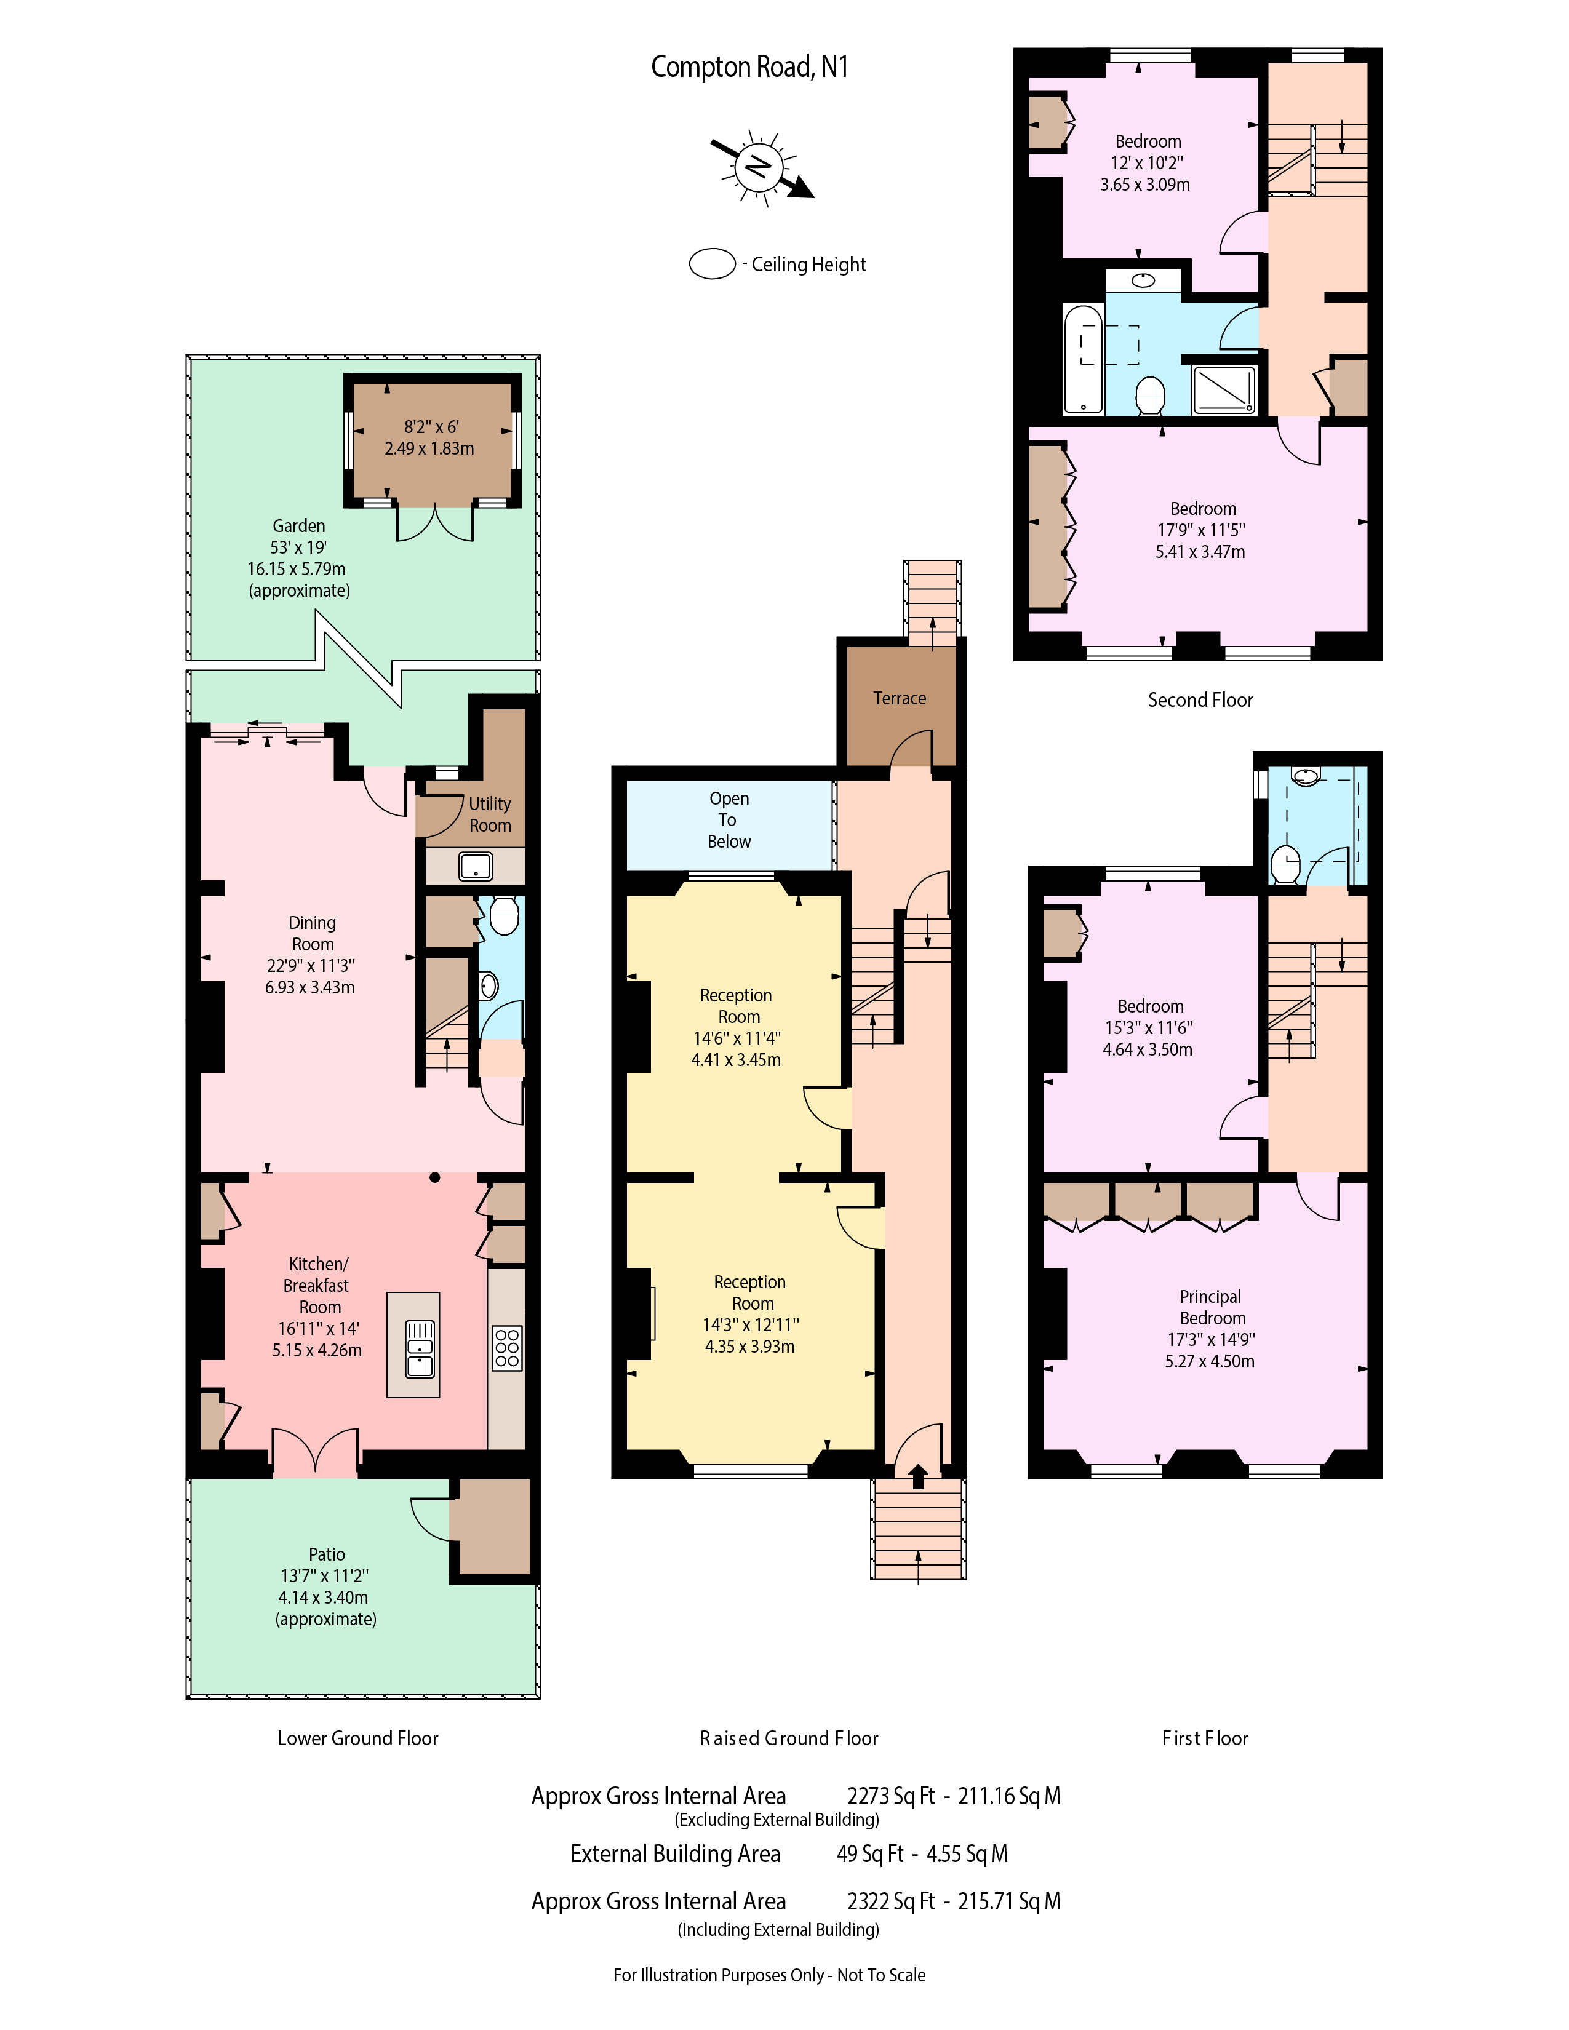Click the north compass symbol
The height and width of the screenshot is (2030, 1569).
[761, 167]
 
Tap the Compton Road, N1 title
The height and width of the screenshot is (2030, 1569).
[749, 67]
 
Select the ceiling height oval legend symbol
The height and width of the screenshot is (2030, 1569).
[712, 264]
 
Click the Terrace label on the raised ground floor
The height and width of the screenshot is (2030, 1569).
[899, 698]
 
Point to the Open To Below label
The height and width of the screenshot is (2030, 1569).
[729, 820]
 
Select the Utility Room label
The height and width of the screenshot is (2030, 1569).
[490, 814]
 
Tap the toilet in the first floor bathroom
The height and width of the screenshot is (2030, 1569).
[1285, 864]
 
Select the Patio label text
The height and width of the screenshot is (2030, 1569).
[326, 1554]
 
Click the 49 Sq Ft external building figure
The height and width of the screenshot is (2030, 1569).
[870, 1853]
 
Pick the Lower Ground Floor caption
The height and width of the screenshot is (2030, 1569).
[358, 1738]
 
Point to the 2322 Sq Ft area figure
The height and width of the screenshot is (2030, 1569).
[890, 1901]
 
